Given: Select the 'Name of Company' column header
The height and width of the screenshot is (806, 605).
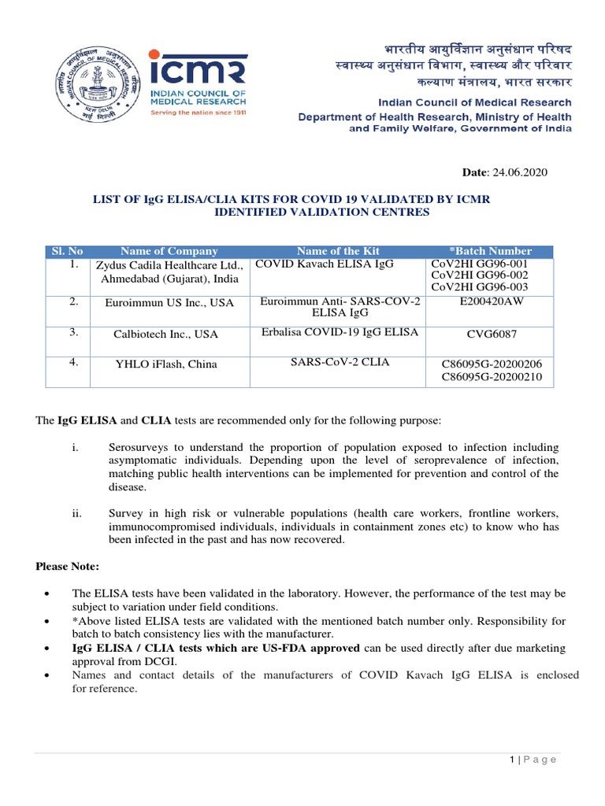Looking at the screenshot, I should [169, 251].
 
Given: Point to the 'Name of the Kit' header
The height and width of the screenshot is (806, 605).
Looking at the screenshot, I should [338, 251].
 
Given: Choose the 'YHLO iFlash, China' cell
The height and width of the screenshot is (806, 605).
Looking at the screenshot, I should [165, 364].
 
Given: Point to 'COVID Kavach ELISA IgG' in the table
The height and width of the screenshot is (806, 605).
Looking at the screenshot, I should [324, 264].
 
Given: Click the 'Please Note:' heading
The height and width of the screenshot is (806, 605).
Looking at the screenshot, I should [68, 567].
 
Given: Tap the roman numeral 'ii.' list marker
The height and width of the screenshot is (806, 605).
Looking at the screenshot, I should [76, 512].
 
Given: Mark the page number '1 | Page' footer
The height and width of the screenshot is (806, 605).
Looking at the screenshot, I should [533, 759].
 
